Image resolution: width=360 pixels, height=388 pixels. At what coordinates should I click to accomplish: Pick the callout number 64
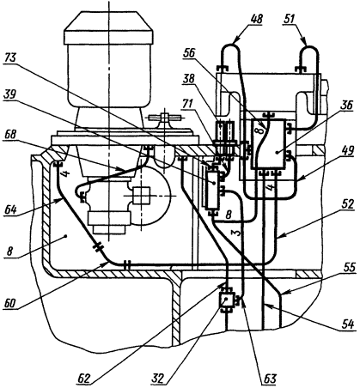pos(11,209)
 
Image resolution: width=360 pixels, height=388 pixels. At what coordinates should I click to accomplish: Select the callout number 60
pos(11,303)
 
